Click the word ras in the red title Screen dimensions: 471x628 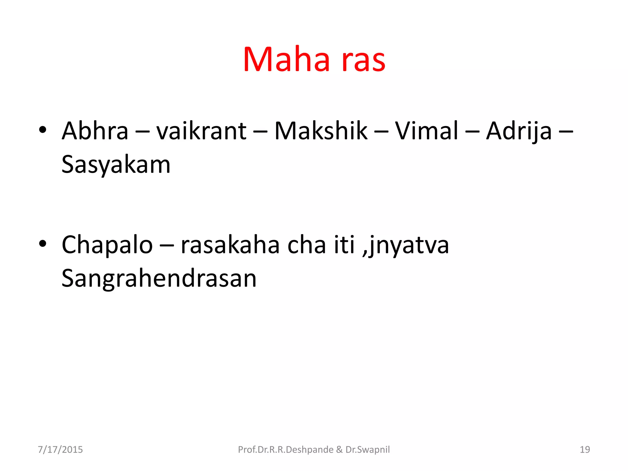(x=363, y=60)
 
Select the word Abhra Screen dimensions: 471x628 (x=95, y=131)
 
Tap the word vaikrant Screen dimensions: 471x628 (x=201, y=131)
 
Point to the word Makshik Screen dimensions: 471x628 (x=321, y=131)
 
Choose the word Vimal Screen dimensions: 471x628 (x=426, y=131)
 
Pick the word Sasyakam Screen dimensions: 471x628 (x=116, y=165)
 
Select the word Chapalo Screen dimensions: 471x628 (x=107, y=245)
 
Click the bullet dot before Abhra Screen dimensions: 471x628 (x=43, y=130)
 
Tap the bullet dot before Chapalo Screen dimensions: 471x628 (x=43, y=243)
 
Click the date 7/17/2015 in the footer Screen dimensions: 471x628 (x=60, y=450)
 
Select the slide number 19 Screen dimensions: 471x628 (x=585, y=450)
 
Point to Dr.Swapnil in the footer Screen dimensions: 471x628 (x=368, y=450)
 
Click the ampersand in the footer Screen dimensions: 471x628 (x=339, y=450)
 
